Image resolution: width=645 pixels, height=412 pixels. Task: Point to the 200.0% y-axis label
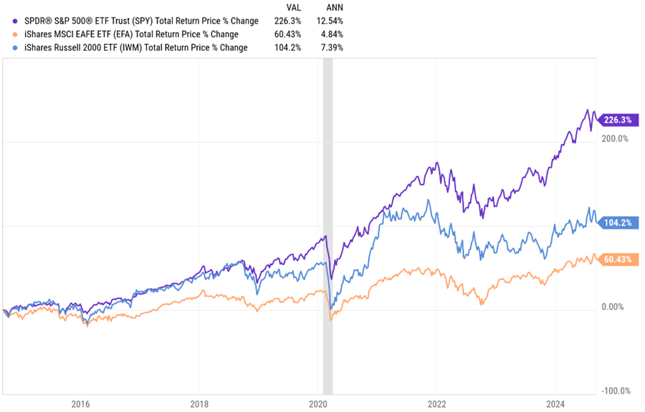[613, 139]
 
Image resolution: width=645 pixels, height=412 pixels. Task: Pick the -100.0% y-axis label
[614, 391]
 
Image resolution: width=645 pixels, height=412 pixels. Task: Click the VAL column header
[293, 7]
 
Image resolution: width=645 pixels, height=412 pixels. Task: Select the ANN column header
[334, 7]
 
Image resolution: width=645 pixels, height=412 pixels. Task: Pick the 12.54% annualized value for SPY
[330, 21]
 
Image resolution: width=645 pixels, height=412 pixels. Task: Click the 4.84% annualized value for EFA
[332, 34]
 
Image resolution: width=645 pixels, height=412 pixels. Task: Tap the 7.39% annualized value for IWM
[332, 48]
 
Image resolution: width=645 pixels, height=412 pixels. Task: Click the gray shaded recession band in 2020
[328, 215]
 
